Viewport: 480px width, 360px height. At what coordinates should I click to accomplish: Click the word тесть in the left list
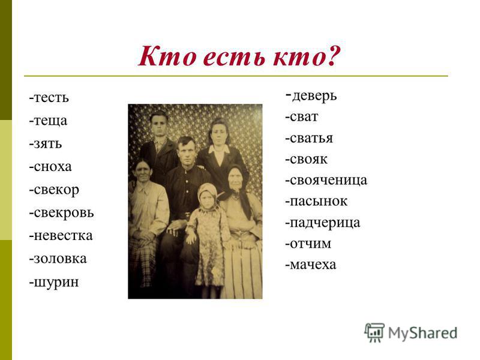click(x=51, y=98)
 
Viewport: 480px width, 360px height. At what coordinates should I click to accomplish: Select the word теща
click(x=50, y=121)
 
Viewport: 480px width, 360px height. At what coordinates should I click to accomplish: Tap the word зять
click(x=47, y=143)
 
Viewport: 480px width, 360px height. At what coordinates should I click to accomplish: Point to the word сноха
click(x=52, y=167)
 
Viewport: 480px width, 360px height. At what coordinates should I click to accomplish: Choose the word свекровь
click(x=64, y=213)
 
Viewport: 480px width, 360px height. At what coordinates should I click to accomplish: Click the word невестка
click(x=63, y=236)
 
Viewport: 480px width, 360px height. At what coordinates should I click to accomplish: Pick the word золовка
click(x=60, y=259)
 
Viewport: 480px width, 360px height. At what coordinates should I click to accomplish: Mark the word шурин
click(x=56, y=282)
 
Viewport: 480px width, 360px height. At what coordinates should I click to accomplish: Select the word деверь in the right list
click(x=314, y=96)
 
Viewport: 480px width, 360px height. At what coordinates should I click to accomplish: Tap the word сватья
click(x=311, y=138)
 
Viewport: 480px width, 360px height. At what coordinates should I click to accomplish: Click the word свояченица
click(x=328, y=181)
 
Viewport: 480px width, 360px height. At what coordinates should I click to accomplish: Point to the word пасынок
click(x=319, y=202)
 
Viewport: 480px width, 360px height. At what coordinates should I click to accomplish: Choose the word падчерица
click(x=325, y=223)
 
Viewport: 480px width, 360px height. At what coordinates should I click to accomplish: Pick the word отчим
click(x=310, y=244)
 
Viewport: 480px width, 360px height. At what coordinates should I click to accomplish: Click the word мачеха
click(x=313, y=265)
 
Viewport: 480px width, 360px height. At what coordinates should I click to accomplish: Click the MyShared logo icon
click(x=374, y=332)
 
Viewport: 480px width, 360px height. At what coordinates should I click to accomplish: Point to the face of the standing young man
click(x=159, y=125)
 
